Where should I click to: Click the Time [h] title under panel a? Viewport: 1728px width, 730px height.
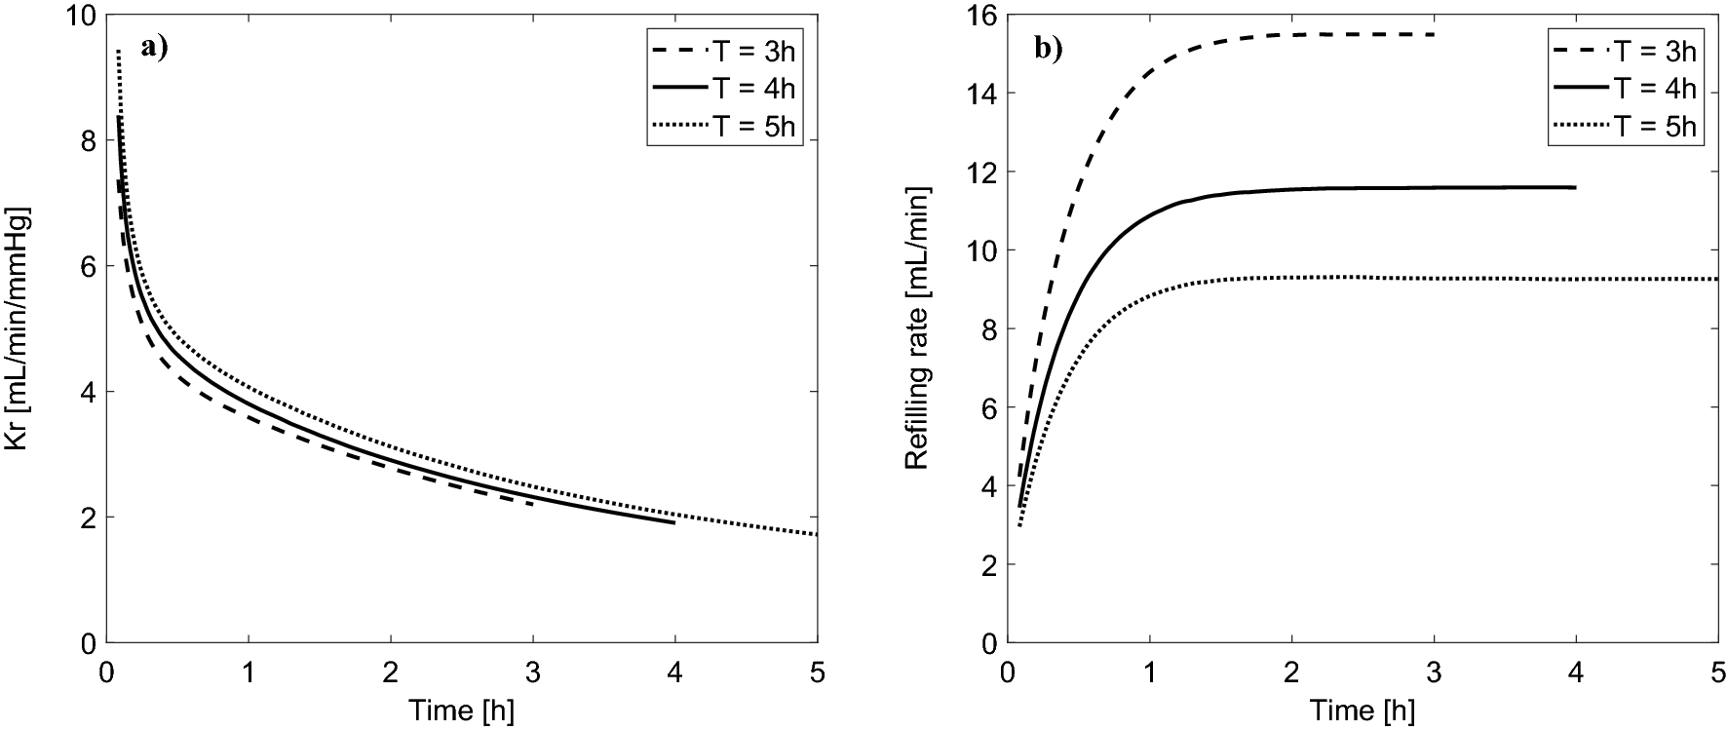pyautogui.click(x=461, y=711)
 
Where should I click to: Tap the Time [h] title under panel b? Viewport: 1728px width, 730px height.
pyautogui.click(x=1362, y=711)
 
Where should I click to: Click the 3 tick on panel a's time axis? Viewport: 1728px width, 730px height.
pyautogui.click(x=533, y=673)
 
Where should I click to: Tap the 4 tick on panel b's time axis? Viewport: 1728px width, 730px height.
pyautogui.click(x=1576, y=673)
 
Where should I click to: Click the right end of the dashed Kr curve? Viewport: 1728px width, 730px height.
pyautogui.click(x=532, y=504)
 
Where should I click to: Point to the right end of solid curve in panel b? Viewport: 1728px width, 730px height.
pyautogui.click(x=1575, y=187)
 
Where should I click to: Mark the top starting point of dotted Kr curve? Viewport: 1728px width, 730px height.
pyautogui.click(x=118, y=51)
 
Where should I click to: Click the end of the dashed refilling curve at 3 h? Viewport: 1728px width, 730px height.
pyautogui.click(x=1434, y=34)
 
